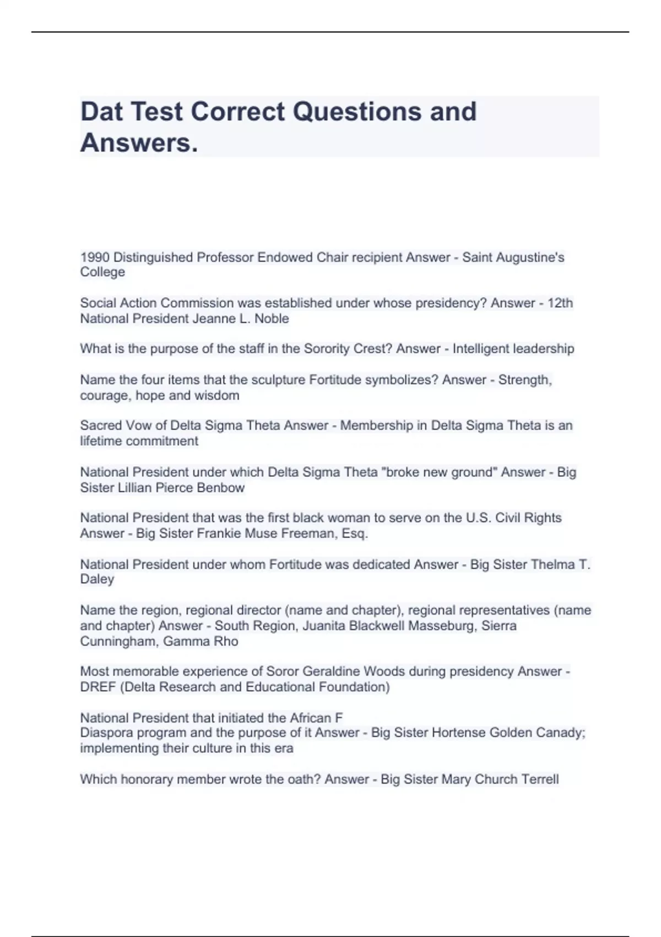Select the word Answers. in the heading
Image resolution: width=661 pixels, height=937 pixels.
coord(139,143)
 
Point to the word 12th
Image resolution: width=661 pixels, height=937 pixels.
coord(560,303)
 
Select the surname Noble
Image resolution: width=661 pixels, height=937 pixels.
coord(272,319)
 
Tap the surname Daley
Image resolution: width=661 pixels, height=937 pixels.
coord(97,579)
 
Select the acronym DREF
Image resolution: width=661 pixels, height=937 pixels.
coord(99,687)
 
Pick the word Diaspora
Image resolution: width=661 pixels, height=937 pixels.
coord(106,733)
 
